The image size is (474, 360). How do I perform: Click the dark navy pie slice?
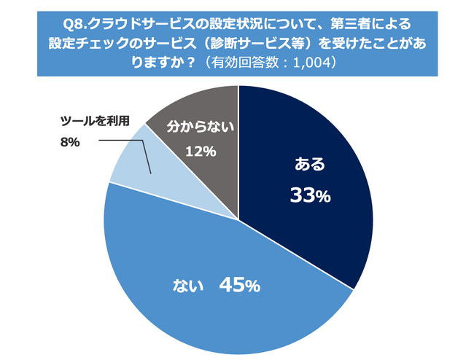click(306, 175)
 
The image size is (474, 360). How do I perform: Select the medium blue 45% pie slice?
click(219, 291)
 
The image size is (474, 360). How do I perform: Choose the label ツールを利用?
click(94, 121)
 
